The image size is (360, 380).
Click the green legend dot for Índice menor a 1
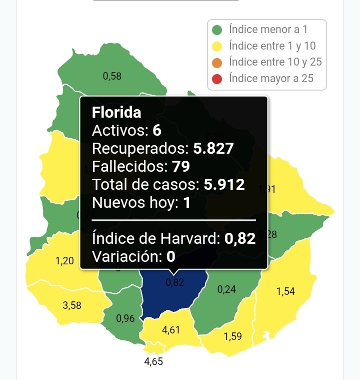(x=217, y=30)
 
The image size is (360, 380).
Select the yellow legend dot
(x=217, y=47)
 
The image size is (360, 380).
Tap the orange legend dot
(x=217, y=63)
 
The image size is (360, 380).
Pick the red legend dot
(x=217, y=79)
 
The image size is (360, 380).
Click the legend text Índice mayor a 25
(x=270, y=79)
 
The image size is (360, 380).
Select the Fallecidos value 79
(x=180, y=166)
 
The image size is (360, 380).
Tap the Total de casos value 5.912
(x=224, y=184)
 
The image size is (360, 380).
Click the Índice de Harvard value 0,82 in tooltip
(x=240, y=238)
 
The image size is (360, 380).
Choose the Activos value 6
(x=157, y=130)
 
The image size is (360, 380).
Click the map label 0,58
(x=112, y=77)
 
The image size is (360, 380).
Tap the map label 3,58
(x=72, y=305)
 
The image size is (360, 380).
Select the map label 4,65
(x=153, y=361)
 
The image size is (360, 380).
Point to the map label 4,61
(x=171, y=330)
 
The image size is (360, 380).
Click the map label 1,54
(x=285, y=291)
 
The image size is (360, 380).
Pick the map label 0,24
(x=227, y=289)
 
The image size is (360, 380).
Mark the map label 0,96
(x=125, y=318)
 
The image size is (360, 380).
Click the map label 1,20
(x=64, y=261)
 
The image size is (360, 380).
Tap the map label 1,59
(x=232, y=336)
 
